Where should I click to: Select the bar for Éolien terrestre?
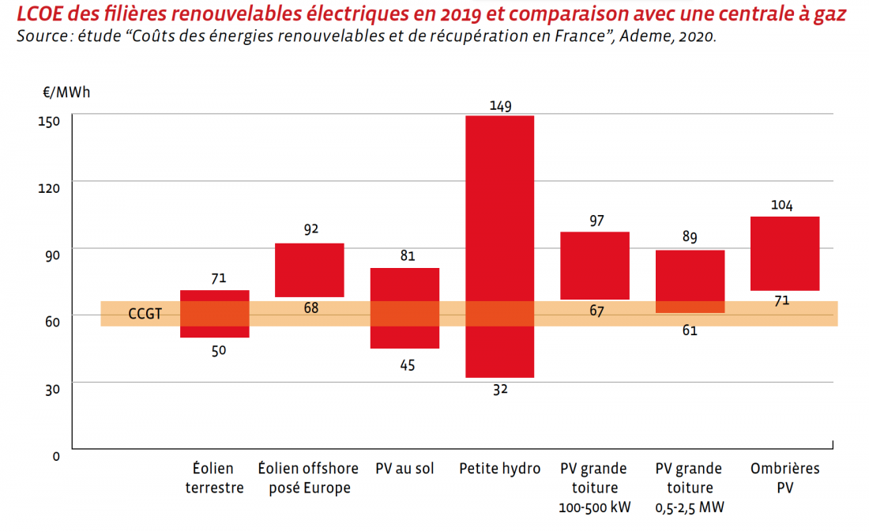click(215, 314)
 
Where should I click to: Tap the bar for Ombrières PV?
click(784, 253)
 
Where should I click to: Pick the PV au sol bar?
click(404, 308)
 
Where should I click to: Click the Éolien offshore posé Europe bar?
click(310, 270)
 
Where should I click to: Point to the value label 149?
click(500, 105)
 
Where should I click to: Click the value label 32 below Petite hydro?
click(500, 389)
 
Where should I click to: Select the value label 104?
click(783, 206)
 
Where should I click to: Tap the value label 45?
click(406, 365)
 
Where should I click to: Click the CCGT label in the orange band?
click(145, 315)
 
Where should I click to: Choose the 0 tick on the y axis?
click(56, 456)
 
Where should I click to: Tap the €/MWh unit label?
click(66, 92)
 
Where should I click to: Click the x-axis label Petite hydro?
click(499, 469)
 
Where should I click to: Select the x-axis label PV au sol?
click(404, 469)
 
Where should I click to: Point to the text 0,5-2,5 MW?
click(690, 507)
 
